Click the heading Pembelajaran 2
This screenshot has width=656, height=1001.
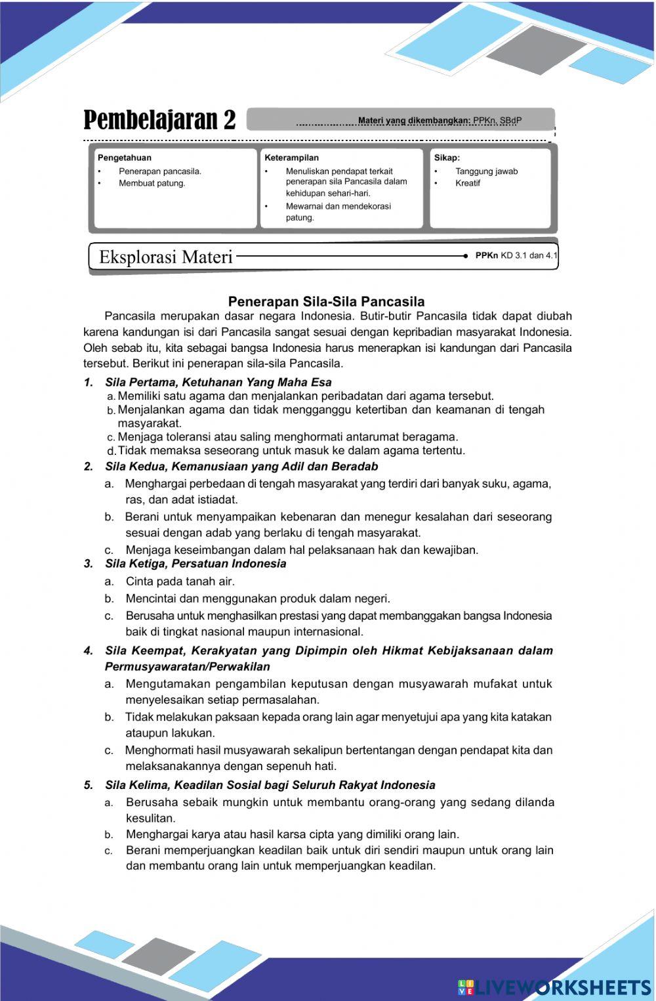pyautogui.click(x=159, y=121)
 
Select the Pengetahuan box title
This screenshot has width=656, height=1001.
pyautogui.click(x=125, y=158)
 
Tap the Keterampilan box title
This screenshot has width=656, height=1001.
pyautogui.click(x=291, y=158)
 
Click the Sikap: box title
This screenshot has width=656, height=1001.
pyautogui.click(x=447, y=158)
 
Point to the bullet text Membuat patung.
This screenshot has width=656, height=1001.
pyautogui.click(x=152, y=183)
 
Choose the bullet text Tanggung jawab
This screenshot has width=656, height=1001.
pyautogui.click(x=486, y=171)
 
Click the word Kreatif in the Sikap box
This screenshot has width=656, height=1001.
pyautogui.click(x=468, y=183)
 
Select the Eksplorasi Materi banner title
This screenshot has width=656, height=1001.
pyautogui.click(x=165, y=257)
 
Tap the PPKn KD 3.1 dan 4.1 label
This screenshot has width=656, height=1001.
pyautogui.click(x=516, y=256)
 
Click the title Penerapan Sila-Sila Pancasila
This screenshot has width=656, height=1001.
pyautogui.click(x=326, y=301)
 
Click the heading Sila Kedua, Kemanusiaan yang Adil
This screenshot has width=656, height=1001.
pyautogui.click(x=241, y=467)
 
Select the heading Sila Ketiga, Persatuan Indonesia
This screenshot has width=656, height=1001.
pyautogui.click(x=195, y=564)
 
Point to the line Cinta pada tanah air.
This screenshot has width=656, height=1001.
pyautogui.click(x=180, y=582)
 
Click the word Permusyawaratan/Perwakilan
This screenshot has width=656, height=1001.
pyautogui.click(x=187, y=667)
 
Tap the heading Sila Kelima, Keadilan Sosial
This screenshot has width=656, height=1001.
pyautogui.click(x=270, y=785)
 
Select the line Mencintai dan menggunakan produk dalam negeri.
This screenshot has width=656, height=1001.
pyautogui.click(x=258, y=599)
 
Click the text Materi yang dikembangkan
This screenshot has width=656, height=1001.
pyautogui.click(x=414, y=121)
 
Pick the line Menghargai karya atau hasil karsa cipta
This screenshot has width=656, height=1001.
pyautogui.click(x=292, y=834)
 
